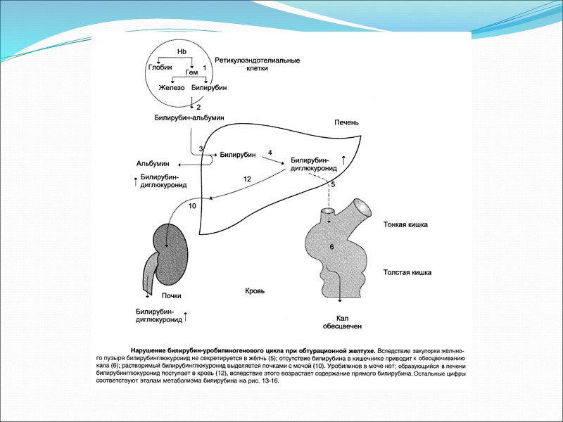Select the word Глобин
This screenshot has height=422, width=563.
158,66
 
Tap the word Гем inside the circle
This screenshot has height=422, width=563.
191,72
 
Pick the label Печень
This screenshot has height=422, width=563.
346,122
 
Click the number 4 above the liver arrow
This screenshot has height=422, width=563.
270,152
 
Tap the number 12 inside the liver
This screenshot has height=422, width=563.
246,180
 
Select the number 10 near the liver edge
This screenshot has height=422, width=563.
193,206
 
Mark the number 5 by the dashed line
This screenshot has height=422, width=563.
333,184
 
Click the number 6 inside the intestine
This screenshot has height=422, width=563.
331,247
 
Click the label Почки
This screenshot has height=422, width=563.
172,295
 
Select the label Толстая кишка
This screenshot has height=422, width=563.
407,271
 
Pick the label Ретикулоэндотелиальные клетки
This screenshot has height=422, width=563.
258,65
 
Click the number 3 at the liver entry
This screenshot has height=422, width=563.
201,149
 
